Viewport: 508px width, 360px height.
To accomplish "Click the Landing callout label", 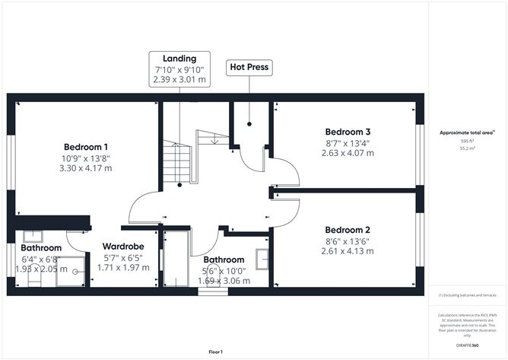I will click(x=179, y=59).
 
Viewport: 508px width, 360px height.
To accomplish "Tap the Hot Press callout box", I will click(x=249, y=67).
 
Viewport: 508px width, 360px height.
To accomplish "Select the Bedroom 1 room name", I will click(x=85, y=147).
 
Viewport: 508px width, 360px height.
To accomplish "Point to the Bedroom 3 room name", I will click(x=348, y=130).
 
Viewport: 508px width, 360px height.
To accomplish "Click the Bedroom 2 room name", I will click(x=348, y=230).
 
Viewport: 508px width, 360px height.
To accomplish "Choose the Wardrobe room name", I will click(x=124, y=247).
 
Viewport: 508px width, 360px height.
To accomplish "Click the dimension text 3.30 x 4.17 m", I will click(x=85, y=168).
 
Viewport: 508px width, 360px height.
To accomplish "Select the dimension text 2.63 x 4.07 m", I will click(x=348, y=152).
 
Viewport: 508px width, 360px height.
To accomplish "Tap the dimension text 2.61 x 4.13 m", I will click(x=348, y=251).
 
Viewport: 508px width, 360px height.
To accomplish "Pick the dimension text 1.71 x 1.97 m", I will click(x=124, y=268).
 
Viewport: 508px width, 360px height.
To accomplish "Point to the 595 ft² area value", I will click(x=467, y=141).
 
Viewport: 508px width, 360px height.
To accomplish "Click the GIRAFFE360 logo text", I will click(x=467, y=346).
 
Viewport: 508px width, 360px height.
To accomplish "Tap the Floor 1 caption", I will click(x=221, y=352).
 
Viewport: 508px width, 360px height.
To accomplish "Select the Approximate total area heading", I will click(x=467, y=132).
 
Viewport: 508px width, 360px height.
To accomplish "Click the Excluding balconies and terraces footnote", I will click(x=467, y=295).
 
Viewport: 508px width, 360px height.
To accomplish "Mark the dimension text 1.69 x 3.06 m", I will click(x=224, y=281).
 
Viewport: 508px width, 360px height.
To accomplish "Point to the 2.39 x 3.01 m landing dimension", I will click(x=179, y=79).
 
